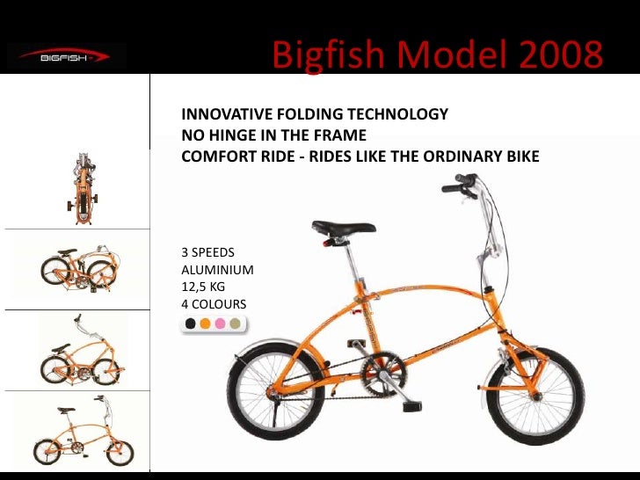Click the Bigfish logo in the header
pos(66,57)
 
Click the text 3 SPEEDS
pos(207,252)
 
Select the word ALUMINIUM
pos(217,270)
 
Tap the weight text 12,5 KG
pos(203,287)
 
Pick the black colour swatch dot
pos(190,324)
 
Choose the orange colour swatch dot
pos(205,324)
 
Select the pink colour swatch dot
pos(220,324)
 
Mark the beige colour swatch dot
pos(235,324)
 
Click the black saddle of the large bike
pos(344,228)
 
